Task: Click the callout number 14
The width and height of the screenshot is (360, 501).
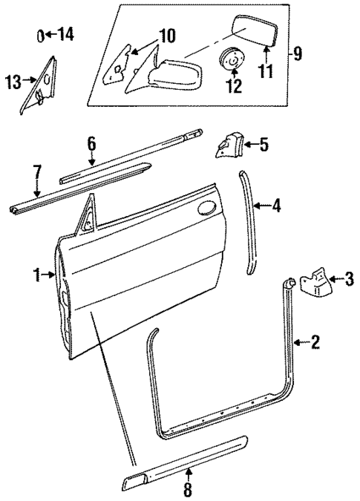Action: tap(65, 33)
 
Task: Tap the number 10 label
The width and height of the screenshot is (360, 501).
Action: tap(166, 35)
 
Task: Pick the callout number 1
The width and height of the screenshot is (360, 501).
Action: tap(35, 275)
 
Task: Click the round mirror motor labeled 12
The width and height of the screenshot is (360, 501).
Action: tap(234, 59)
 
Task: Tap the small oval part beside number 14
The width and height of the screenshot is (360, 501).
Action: tap(42, 34)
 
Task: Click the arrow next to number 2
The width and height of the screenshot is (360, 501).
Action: tap(299, 342)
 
